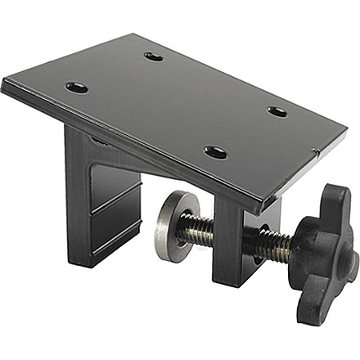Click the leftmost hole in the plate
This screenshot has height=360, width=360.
(77, 87)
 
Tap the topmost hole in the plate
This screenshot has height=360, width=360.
(153, 56)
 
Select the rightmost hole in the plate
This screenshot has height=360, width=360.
(277, 111)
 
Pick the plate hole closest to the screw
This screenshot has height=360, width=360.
(215, 152)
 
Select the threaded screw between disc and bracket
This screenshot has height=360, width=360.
(197, 230)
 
